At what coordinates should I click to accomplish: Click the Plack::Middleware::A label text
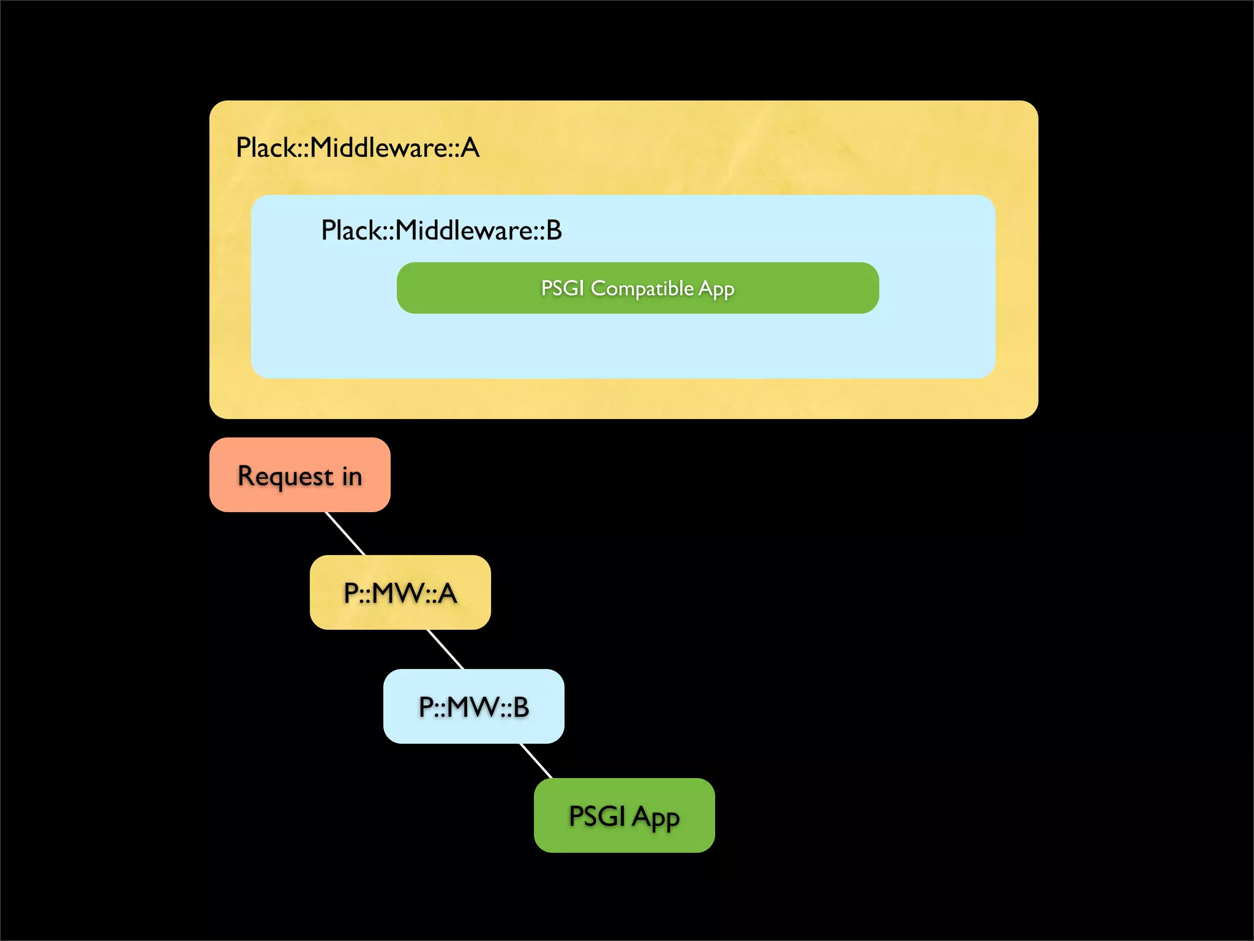click(x=358, y=148)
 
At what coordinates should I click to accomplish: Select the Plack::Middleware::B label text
click(x=441, y=230)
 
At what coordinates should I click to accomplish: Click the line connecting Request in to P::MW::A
click(x=345, y=534)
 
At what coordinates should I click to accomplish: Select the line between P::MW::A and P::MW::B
click(x=445, y=649)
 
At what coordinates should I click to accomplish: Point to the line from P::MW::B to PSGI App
click(x=536, y=761)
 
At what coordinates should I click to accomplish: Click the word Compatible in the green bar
click(x=642, y=288)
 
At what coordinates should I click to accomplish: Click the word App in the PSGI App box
click(x=656, y=818)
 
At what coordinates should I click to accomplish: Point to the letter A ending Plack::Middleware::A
click(x=470, y=148)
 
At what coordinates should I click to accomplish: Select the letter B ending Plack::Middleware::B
click(x=554, y=230)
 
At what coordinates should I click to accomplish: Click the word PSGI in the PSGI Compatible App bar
click(x=562, y=288)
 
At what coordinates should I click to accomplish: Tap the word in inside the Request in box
click(x=352, y=476)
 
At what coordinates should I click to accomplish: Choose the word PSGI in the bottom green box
click(x=597, y=816)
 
